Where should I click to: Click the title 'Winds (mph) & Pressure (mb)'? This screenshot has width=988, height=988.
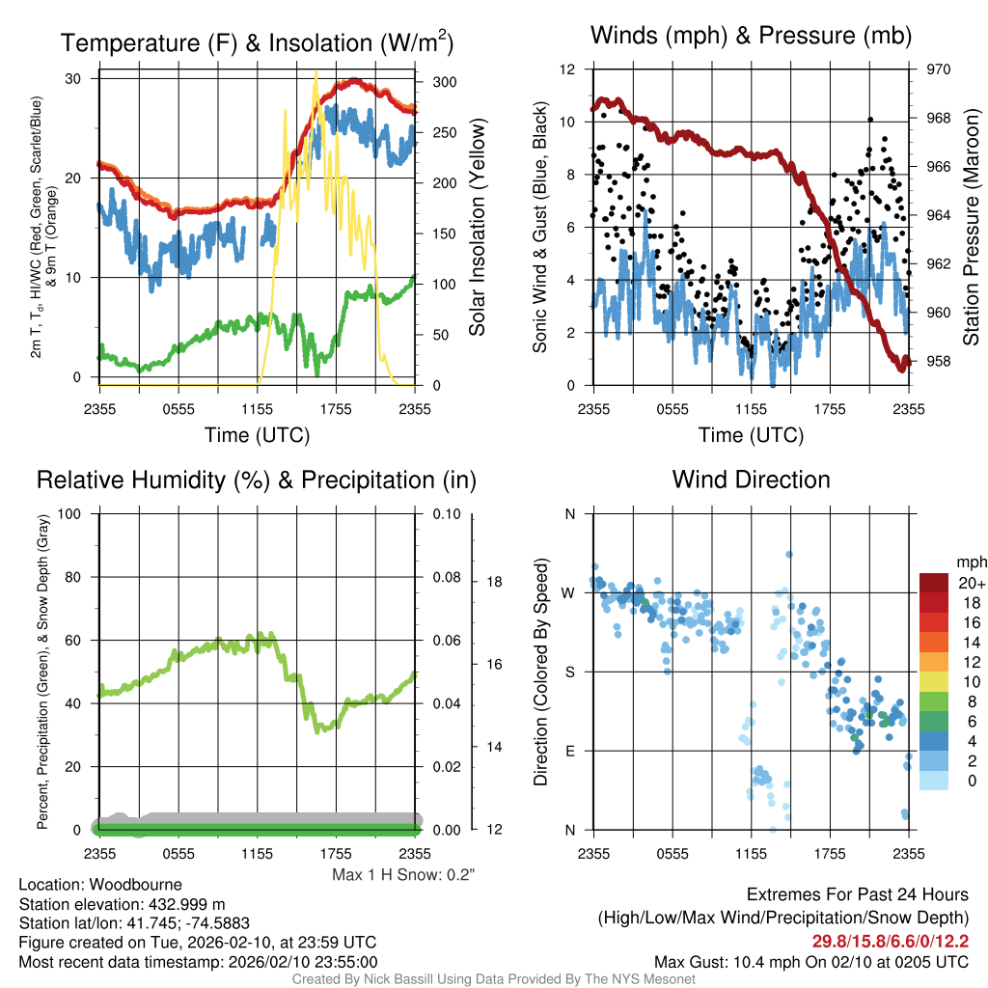pyautogui.click(x=751, y=37)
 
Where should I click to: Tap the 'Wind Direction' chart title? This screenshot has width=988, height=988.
pyautogui.click(x=751, y=480)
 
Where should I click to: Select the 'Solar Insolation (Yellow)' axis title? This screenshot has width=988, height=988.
pyautogui.click(x=477, y=227)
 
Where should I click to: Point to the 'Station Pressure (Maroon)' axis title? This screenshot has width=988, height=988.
pyautogui.click(x=971, y=227)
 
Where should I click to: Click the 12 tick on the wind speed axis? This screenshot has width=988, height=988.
pyautogui.click(x=568, y=69)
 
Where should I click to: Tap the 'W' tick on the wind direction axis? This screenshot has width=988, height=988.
pyautogui.click(x=569, y=592)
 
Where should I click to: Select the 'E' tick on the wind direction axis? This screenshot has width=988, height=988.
pyautogui.click(x=569, y=751)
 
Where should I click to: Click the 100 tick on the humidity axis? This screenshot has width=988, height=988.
pyautogui.click(x=69, y=513)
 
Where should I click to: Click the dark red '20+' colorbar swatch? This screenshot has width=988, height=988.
pyautogui.click(x=936, y=583)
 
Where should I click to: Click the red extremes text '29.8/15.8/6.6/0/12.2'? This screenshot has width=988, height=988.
pyautogui.click(x=890, y=941)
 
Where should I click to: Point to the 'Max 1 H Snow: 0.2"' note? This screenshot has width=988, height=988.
pyautogui.click(x=403, y=875)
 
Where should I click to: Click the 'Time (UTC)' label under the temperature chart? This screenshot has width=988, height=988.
pyautogui.click(x=258, y=435)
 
